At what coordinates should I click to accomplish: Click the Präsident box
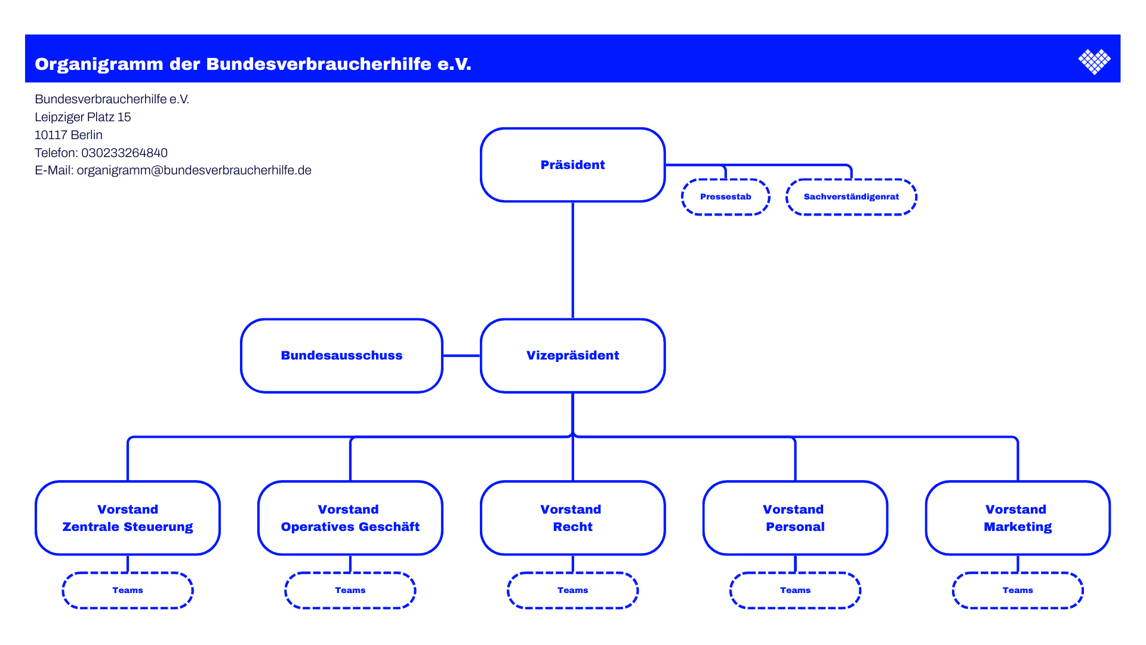(x=572, y=165)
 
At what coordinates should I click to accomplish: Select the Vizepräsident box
(x=572, y=355)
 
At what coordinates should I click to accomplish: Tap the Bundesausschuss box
(x=341, y=355)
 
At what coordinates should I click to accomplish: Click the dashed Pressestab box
(x=725, y=196)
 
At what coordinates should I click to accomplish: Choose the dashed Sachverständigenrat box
(x=851, y=196)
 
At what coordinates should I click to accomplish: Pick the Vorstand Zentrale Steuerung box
(x=128, y=518)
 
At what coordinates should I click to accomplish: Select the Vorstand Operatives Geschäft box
(x=350, y=518)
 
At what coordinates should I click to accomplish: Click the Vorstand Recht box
(x=572, y=518)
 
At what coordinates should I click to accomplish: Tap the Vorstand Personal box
(x=795, y=518)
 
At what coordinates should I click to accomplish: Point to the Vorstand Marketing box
(x=1018, y=518)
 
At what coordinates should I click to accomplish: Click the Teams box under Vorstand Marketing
(x=1018, y=590)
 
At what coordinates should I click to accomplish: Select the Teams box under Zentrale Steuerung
(x=128, y=590)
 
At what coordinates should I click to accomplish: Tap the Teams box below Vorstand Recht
(x=572, y=590)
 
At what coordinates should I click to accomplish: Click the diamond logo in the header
(x=1094, y=62)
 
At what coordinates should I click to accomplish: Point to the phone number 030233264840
(x=124, y=153)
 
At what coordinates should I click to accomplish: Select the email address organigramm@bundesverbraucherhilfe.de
(x=194, y=170)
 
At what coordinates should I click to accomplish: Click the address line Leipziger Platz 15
(x=82, y=117)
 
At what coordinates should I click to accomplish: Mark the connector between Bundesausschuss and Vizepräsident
(x=461, y=355)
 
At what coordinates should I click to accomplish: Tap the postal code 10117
(x=51, y=135)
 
